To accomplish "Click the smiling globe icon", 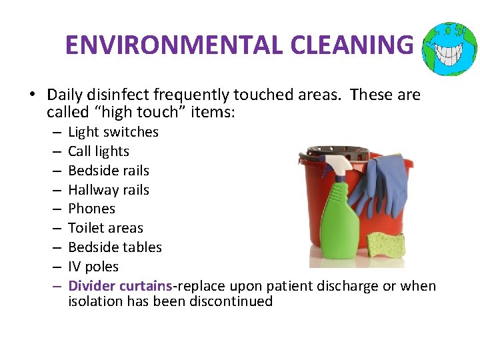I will [x=450, y=48].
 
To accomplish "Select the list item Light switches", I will [x=113, y=132].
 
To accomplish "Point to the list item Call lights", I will [x=99, y=151].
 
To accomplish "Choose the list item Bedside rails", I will [x=109, y=171].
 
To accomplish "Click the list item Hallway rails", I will [x=109, y=190].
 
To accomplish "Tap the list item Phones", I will [x=91, y=209].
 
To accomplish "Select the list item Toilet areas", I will [x=105, y=228].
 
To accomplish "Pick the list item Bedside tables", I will [x=115, y=247].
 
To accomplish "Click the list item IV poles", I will [x=93, y=267].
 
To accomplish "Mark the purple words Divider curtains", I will [x=120, y=286].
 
